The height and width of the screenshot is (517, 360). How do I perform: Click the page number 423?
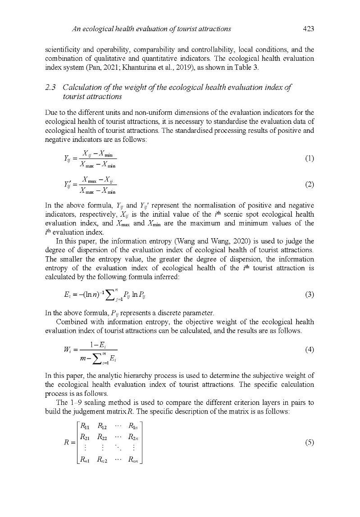[x=308, y=29]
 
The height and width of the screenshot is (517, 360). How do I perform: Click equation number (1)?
[x=309, y=158]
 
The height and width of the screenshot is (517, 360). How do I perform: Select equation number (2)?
[x=309, y=184]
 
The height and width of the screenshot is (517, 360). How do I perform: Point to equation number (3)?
[x=309, y=295]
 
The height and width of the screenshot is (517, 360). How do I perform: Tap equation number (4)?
[x=309, y=349]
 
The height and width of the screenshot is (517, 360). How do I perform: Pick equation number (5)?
[x=309, y=442]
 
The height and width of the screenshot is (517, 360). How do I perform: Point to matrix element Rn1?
[x=84, y=460]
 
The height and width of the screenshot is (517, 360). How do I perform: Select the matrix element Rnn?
[x=134, y=460]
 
